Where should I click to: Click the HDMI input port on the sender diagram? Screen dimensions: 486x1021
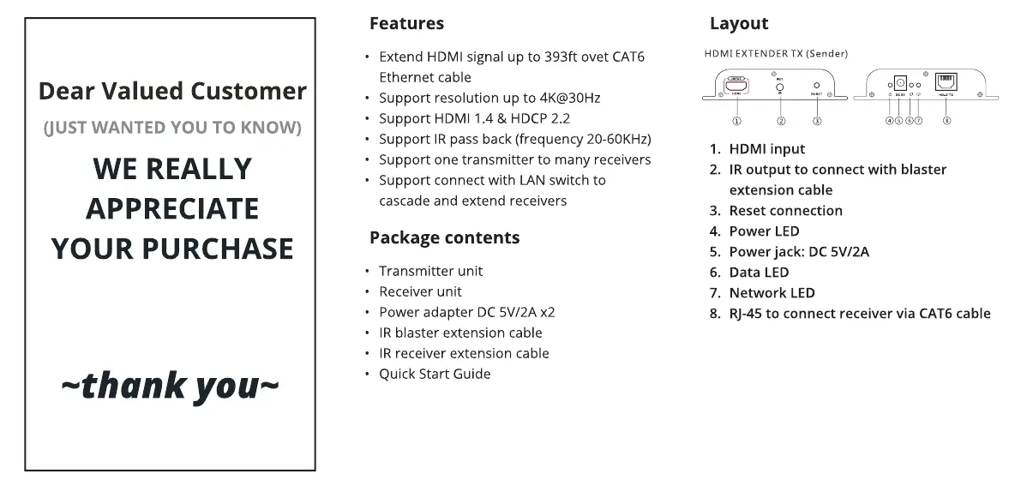(x=736, y=86)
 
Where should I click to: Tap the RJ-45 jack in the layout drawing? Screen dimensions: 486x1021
(x=946, y=83)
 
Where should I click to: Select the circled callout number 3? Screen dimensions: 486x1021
(x=817, y=121)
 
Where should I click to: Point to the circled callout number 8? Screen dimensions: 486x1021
(x=946, y=121)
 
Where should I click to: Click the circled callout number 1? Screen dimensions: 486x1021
(x=736, y=121)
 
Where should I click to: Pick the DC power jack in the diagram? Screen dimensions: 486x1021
(x=900, y=83)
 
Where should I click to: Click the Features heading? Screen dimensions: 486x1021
(x=406, y=23)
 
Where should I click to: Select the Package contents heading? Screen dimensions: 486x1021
(x=444, y=237)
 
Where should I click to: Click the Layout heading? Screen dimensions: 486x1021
(x=739, y=23)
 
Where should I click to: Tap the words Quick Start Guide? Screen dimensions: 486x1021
(x=435, y=374)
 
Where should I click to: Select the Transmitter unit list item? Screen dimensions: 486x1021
(x=430, y=271)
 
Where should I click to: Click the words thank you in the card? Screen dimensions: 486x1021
(x=170, y=387)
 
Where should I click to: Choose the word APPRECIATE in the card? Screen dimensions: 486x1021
(x=171, y=208)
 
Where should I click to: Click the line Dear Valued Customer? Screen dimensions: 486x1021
(x=172, y=91)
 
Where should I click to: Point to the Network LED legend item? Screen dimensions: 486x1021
(x=772, y=293)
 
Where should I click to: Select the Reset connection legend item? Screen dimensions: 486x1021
(x=785, y=211)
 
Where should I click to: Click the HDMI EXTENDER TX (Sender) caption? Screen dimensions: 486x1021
(x=776, y=53)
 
